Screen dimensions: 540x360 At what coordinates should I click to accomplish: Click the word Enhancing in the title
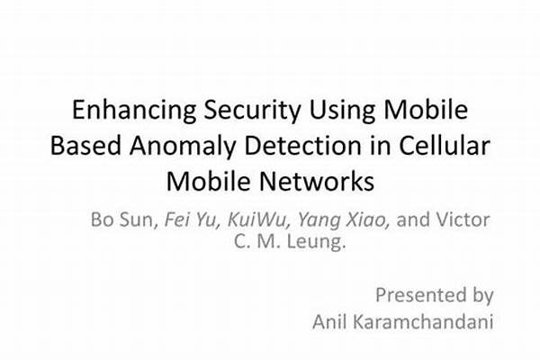pyautogui.click(x=134, y=111)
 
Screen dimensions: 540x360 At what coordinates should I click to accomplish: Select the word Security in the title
pyautogui.click(x=252, y=111)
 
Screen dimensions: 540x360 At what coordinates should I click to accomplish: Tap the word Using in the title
pyautogui.click(x=342, y=111)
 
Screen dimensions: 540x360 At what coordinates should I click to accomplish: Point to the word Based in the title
pyautogui.click(x=85, y=146)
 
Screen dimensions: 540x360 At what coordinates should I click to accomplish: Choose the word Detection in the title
pyautogui.click(x=302, y=146)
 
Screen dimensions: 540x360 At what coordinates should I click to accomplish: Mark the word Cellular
pyautogui.click(x=445, y=146)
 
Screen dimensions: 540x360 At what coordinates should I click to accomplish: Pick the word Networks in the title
pyautogui.click(x=317, y=181)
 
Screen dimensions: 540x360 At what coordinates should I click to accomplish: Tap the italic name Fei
pyautogui.click(x=176, y=220)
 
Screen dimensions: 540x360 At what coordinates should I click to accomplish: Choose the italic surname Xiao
pyautogui.click(x=368, y=220)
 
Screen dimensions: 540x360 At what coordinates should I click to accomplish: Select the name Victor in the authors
pyautogui.click(x=463, y=220)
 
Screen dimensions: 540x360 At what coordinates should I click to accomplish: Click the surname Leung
pyautogui.click(x=316, y=241)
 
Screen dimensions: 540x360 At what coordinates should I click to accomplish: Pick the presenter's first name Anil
pyautogui.click(x=329, y=322)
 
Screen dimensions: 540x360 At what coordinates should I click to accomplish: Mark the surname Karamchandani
pyautogui.click(x=423, y=322)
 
